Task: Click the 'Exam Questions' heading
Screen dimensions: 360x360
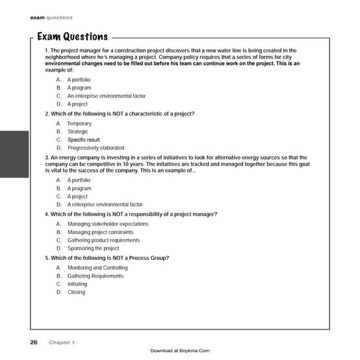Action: [72, 36]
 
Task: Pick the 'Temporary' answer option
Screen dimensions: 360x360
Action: [79, 123]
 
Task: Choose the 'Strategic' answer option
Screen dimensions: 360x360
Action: [77, 132]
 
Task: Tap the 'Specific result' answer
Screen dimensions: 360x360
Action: [83, 140]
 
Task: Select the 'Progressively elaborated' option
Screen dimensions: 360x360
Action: [96, 148]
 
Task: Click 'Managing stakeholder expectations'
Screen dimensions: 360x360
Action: [107, 224]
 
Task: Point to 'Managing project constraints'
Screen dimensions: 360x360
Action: [100, 232]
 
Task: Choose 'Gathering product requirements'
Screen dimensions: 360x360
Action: [103, 240]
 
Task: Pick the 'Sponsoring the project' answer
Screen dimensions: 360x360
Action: [93, 248]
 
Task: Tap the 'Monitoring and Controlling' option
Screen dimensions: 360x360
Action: [97, 268]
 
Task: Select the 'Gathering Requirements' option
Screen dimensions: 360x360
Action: [95, 276]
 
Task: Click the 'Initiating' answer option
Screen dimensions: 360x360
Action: [77, 284]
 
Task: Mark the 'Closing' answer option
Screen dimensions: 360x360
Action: [76, 292]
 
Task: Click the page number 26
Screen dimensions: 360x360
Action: [33, 342]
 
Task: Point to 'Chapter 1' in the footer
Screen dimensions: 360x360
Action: [62, 342]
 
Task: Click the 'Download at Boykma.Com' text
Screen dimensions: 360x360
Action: [179, 351]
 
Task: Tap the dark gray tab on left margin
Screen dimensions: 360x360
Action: [14, 154]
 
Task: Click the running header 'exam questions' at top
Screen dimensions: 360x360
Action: [51, 18]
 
